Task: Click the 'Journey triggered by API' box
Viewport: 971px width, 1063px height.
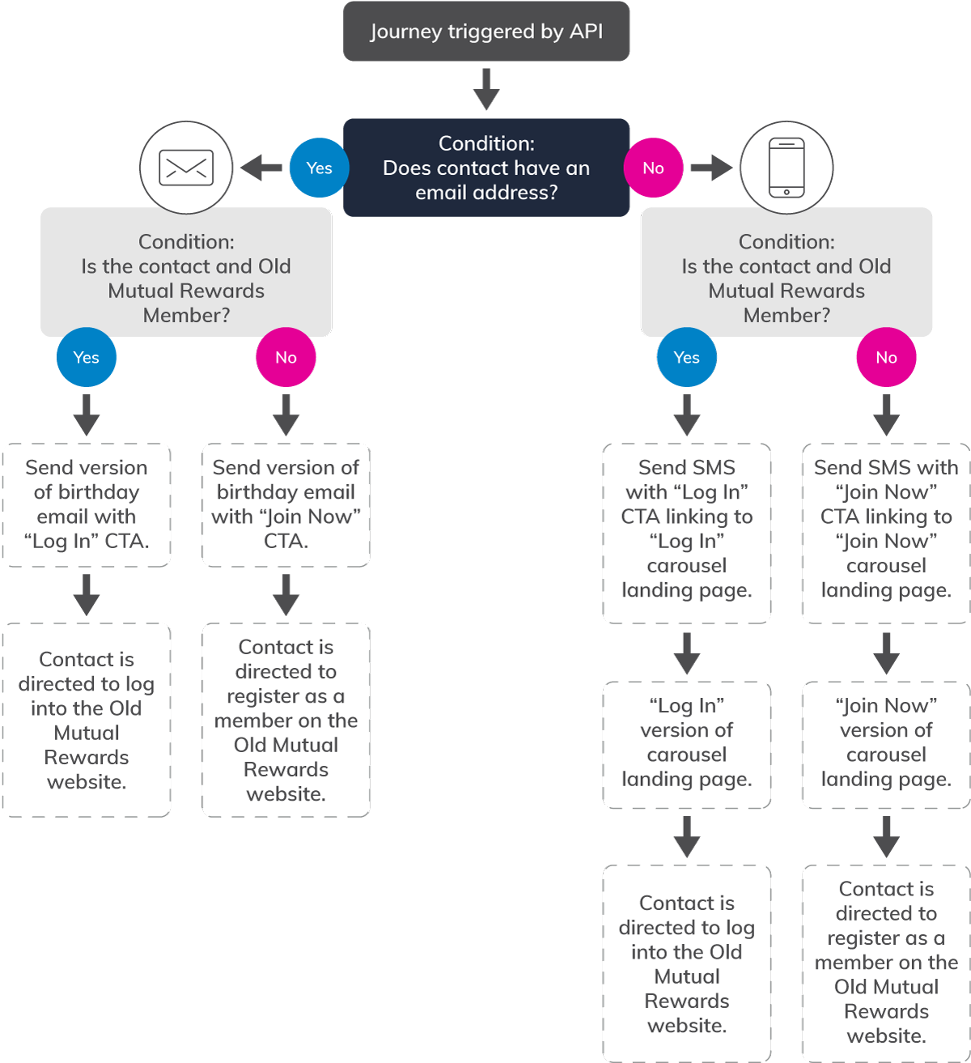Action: (x=486, y=32)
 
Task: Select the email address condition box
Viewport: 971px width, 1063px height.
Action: (x=486, y=168)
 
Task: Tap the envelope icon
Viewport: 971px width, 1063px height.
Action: (x=186, y=168)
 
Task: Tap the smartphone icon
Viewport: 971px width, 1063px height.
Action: (x=787, y=168)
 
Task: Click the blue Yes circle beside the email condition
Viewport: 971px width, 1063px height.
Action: (x=319, y=168)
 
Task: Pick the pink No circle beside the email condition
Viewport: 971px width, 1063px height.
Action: (x=653, y=168)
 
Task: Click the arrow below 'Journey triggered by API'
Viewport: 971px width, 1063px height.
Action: (x=486, y=89)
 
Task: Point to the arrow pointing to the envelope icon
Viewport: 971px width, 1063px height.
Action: (x=261, y=168)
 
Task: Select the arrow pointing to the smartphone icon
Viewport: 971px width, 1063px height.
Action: (x=710, y=168)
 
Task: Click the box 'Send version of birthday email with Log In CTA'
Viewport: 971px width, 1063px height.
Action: (x=87, y=504)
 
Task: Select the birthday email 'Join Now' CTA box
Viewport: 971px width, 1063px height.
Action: (x=286, y=504)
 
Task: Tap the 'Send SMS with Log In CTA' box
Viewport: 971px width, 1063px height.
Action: (x=687, y=533)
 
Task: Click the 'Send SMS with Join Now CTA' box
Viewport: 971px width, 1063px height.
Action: (x=886, y=533)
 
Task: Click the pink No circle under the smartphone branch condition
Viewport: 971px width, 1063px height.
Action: (x=886, y=357)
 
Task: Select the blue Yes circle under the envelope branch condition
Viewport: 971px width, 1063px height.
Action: (x=87, y=357)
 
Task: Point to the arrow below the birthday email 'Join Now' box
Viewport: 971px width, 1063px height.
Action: (x=286, y=595)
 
